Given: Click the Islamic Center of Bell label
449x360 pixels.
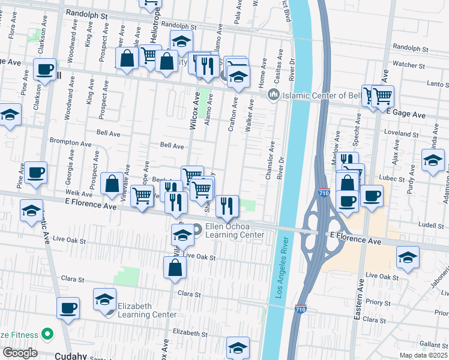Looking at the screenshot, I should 325,95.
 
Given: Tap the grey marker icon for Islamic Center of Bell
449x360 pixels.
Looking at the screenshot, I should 274,94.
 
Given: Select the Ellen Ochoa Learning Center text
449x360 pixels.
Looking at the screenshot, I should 234,230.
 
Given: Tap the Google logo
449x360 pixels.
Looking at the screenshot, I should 20,353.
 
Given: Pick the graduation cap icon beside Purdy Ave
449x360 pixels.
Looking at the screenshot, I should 433,160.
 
